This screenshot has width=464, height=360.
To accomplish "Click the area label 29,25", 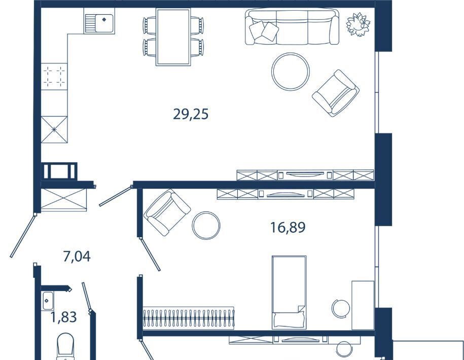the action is click(191, 114).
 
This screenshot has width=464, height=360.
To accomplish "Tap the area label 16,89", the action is click(288, 228).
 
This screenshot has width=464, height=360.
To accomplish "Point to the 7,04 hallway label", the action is click(77, 256).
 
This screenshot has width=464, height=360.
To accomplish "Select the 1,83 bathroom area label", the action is click(63, 317).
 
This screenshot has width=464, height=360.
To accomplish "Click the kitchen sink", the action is click(99, 21).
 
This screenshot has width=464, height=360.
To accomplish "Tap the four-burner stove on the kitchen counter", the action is click(54, 77).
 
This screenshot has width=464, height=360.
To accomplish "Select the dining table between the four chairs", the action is click(173, 37).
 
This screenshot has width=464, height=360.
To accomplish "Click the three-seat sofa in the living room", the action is click(292, 27).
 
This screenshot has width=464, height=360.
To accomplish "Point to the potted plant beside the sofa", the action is click(358, 24).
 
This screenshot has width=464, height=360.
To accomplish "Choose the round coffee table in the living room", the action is click(290, 71).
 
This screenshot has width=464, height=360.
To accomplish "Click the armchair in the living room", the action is click(336, 93).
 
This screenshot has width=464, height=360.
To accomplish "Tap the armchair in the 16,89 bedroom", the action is click(167, 212).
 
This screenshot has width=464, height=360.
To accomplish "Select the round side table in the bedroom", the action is click(206, 226).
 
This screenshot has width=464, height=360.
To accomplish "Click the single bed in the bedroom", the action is click(289, 292).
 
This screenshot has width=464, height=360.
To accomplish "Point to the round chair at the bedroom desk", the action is click(341, 308).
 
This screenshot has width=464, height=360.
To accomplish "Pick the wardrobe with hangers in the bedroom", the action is click(189, 318).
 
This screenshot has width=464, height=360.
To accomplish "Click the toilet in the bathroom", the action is click(65, 347).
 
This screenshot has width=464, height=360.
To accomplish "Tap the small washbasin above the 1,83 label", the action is click(48, 301).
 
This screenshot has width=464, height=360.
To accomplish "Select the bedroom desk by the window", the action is click(363, 305).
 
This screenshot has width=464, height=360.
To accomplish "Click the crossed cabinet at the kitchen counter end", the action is click(54, 130).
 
